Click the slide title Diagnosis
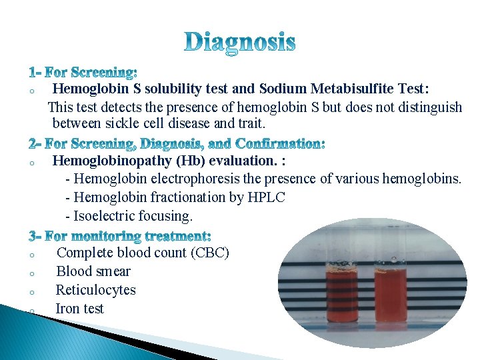point(239,43)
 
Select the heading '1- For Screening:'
point(83,72)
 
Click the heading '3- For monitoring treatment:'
point(120,236)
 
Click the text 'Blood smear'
point(93,271)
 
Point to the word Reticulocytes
point(95,290)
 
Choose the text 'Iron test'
point(79,309)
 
